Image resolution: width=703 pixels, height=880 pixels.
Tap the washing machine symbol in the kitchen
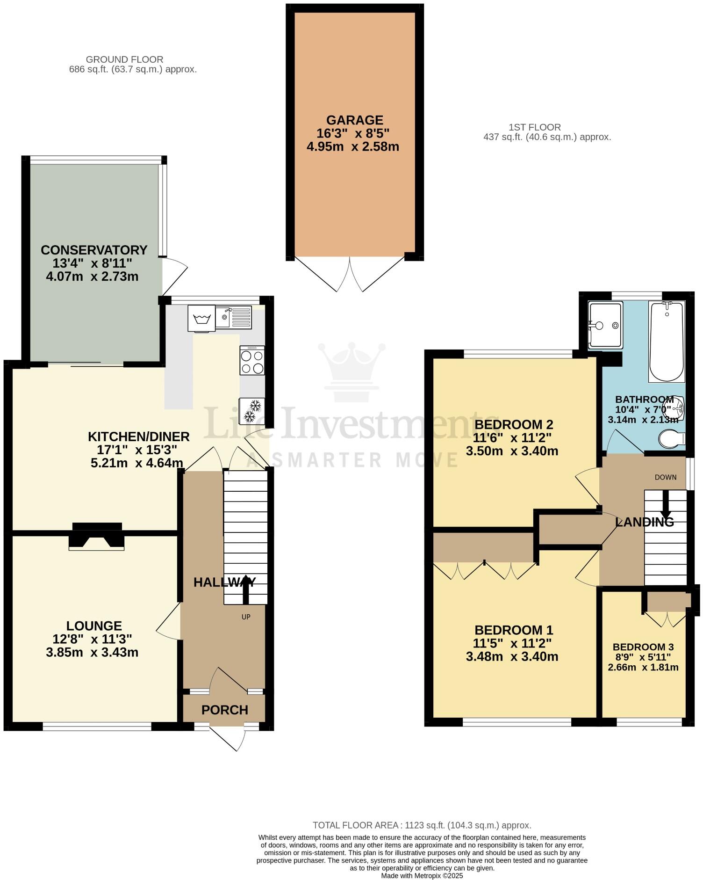click(202, 319)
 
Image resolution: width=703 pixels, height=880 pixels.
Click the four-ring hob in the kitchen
click(252, 360)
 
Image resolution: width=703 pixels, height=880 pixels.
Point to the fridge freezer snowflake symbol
click(252, 410)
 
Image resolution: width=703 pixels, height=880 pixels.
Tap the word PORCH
click(224, 710)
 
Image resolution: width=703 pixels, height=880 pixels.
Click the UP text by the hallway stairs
click(246, 617)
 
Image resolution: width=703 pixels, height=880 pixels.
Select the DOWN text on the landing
click(666, 477)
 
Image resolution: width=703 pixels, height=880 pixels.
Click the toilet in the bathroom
click(671, 439)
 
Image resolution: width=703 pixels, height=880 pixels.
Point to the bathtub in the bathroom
click(666, 342)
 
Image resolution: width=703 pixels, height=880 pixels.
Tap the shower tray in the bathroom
click(606, 325)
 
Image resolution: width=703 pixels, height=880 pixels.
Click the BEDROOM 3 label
click(643, 647)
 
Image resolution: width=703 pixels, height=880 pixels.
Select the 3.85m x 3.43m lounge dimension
click(92, 652)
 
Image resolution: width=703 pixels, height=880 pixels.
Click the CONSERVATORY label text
click(94, 250)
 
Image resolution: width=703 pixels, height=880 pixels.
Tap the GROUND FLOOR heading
click(124, 59)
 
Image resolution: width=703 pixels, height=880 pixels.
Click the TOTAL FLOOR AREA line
click(422, 825)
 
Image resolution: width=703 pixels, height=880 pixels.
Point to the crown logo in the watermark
click(351, 372)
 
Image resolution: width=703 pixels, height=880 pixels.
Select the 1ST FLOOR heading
click(535, 127)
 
